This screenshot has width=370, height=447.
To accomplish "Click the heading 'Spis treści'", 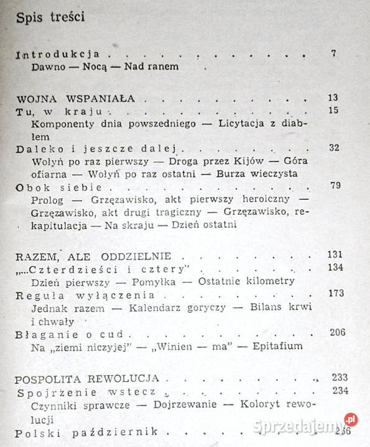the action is coord(49,17).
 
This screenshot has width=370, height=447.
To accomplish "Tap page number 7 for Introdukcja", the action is coord(334,53).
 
